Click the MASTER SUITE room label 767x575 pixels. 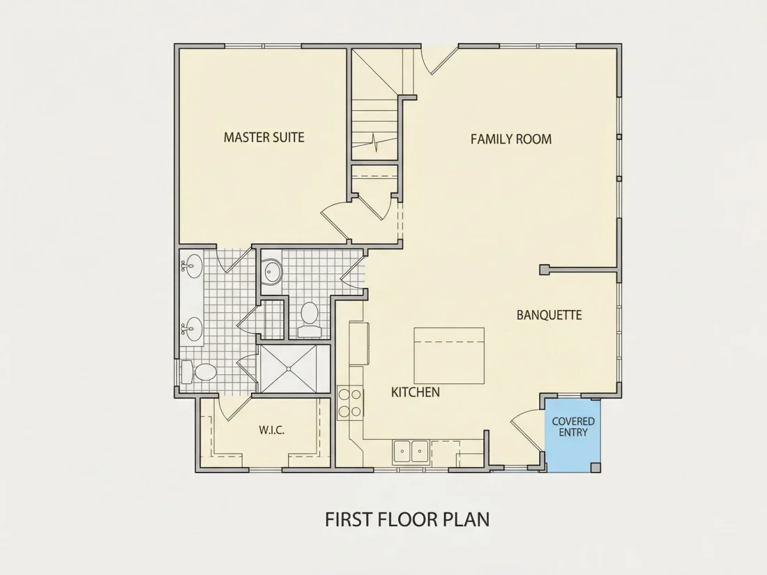(x=264, y=137)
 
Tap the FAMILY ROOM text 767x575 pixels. (x=511, y=139)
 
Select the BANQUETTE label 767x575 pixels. (x=549, y=315)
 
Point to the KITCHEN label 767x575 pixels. (x=416, y=392)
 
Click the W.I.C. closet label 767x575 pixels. (x=271, y=430)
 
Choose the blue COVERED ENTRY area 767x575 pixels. (x=572, y=435)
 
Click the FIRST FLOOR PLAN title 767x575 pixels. (x=407, y=519)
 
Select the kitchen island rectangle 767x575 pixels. (x=449, y=356)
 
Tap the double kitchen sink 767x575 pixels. (x=411, y=452)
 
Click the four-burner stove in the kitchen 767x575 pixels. (x=350, y=402)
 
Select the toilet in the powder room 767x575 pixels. (x=309, y=319)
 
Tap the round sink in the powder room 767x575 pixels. (x=272, y=272)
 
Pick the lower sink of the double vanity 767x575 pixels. (x=192, y=329)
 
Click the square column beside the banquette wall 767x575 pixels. (x=545, y=270)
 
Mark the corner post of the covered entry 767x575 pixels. (x=595, y=467)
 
